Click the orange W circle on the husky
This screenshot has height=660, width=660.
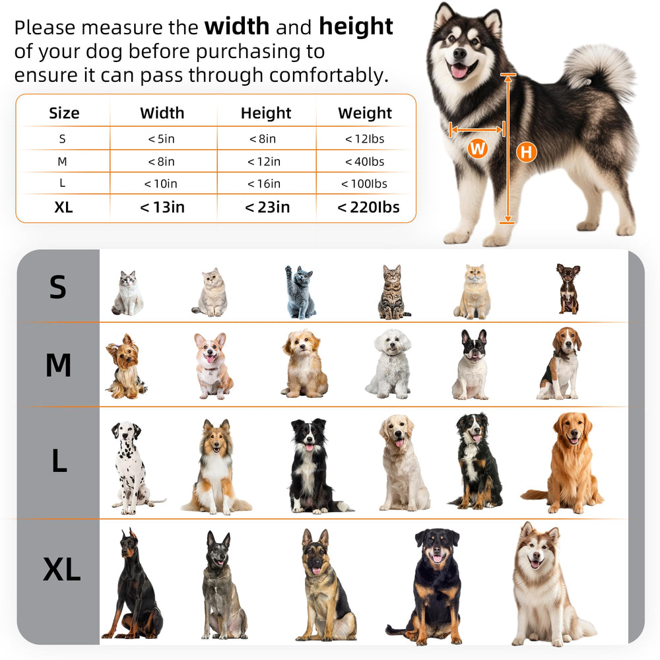pos(477,148)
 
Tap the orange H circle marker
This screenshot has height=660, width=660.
pos(527,152)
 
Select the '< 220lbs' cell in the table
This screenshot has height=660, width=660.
pos(368,207)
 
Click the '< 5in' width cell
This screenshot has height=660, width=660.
pos(161,139)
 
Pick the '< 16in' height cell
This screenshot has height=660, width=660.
pos(264,183)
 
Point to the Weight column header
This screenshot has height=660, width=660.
pos(365,113)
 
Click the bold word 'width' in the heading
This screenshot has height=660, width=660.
pos(237,26)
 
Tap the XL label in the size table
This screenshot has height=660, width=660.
pos(63,207)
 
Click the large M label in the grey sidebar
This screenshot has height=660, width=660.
pos(58,364)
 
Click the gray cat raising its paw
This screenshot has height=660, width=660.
pos(300,292)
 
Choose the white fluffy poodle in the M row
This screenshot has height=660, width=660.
pos(389,364)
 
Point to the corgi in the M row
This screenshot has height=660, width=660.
pos(213,366)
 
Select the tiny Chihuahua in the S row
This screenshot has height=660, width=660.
pos(568,289)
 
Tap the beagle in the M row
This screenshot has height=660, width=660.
pos(560,363)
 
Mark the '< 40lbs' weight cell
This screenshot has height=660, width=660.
pos(364,162)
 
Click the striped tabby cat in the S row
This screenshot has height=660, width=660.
pos(393,292)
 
